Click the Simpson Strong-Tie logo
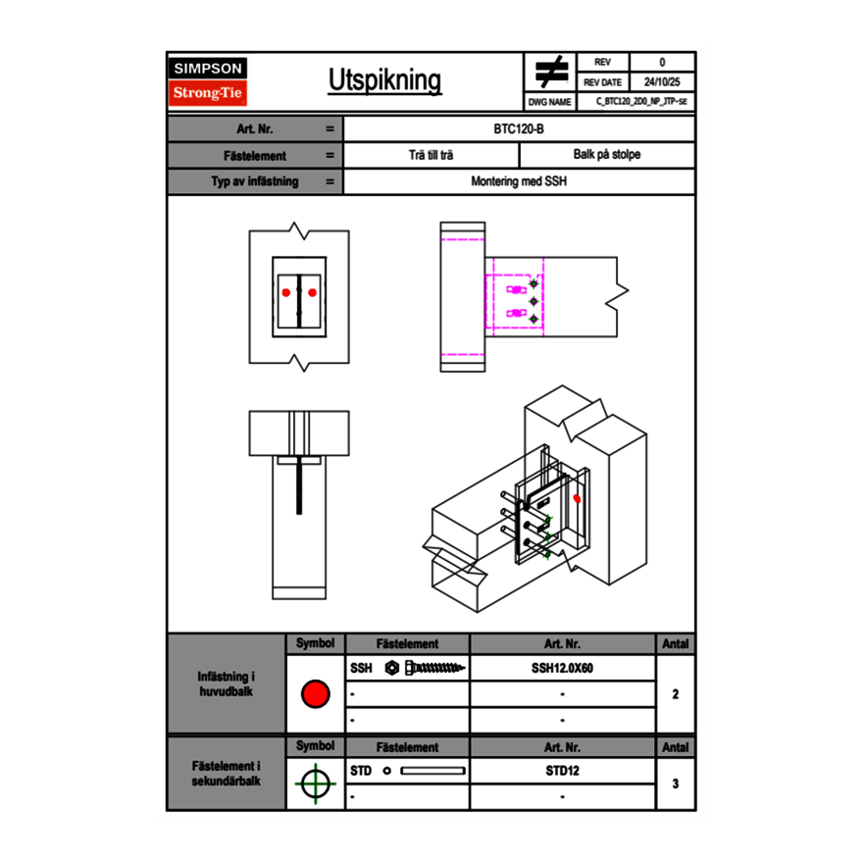coord(208,81)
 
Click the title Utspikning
coord(383,80)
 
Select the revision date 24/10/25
coord(662,82)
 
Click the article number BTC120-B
coord(520,128)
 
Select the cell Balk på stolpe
coord(607,155)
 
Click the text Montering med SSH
coord(519,181)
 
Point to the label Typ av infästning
coord(255,181)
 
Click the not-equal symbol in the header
coord(551,72)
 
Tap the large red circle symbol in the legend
coord(315,694)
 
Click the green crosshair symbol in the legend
coord(314,784)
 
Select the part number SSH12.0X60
coord(563,668)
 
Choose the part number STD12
coord(563,771)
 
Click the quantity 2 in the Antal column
coord(675,694)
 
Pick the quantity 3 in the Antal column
coord(675,784)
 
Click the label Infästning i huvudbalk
coord(227,685)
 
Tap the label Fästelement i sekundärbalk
coord(227,773)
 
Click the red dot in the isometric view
coord(577,498)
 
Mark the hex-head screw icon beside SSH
coord(426,668)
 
